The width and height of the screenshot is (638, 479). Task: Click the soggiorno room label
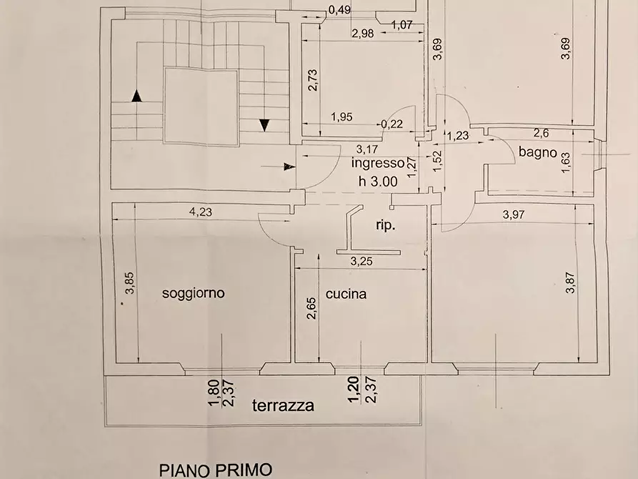pos(193,292)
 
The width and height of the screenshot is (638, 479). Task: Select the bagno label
pos(538,152)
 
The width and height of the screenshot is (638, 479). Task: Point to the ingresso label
pos(377,163)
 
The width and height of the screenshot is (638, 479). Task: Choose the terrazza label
pos(283,406)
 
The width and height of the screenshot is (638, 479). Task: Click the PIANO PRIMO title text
pos(215,470)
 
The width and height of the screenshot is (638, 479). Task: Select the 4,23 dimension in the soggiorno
pos(201,212)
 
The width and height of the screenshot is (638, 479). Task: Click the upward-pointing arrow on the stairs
pos(136,94)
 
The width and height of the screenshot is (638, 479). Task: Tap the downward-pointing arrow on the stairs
pos(264,124)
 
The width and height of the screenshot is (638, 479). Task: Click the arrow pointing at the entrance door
pos(288,167)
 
